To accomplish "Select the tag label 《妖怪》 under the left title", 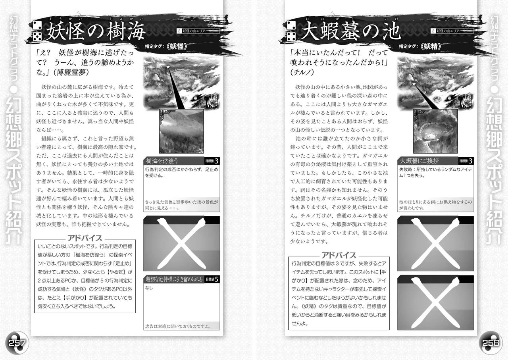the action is [x=177, y=46].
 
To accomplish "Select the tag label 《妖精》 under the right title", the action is [x=431, y=46].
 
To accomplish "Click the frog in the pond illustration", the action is [x=429, y=137].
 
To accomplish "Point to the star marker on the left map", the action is [x=168, y=67].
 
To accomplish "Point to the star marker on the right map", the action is [x=414, y=84].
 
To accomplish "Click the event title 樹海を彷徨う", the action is [x=162, y=161].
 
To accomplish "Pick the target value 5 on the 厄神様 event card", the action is [x=216, y=279].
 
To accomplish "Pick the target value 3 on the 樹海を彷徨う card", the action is [x=216, y=161].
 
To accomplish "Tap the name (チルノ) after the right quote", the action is [x=302, y=73].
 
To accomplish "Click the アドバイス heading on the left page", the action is [x=85, y=238].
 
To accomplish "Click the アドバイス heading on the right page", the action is [x=339, y=256].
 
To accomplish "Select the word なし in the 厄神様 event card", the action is [x=149, y=288].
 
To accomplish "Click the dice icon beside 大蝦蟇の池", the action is [x=291, y=31].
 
